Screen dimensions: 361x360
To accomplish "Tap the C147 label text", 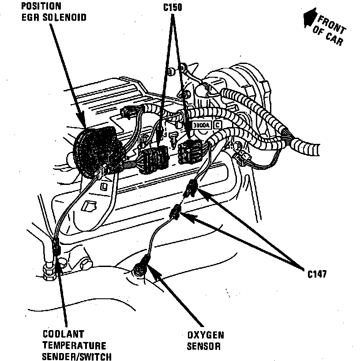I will click(317, 274).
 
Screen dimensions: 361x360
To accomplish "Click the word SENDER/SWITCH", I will click(77, 356).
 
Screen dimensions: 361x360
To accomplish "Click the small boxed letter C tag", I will click(217, 125).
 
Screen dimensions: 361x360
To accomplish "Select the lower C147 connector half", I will click(176, 213).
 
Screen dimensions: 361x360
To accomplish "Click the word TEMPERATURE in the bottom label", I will click(74, 345).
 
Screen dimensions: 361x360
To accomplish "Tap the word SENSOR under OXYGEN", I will click(203, 346).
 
